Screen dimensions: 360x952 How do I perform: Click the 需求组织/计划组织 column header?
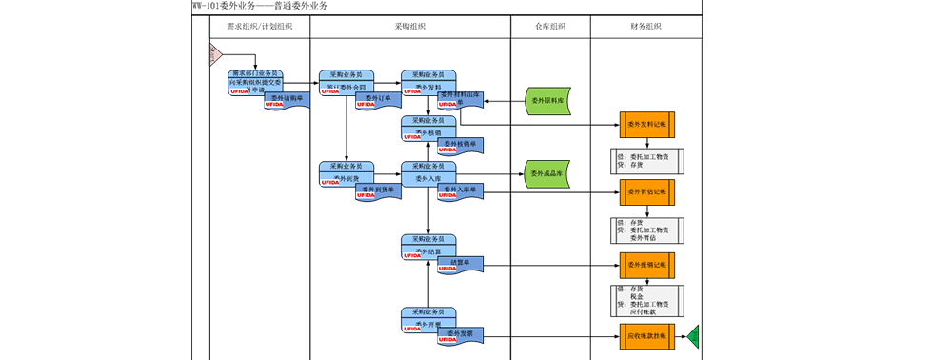click(259, 27)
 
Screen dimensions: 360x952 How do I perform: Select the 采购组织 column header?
click(410, 27)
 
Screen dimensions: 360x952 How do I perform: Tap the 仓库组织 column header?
click(550, 27)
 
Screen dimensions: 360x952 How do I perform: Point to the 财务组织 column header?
click(645, 27)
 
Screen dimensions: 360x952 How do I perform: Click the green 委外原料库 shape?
click(548, 100)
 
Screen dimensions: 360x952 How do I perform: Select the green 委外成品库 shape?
click(548, 174)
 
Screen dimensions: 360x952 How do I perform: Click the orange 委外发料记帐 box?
click(647, 125)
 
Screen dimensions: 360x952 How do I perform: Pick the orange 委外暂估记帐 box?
click(647, 191)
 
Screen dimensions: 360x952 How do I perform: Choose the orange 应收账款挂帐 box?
click(647, 336)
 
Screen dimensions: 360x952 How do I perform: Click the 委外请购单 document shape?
click(287, 99)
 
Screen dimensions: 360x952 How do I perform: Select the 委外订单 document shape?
click(378, 99)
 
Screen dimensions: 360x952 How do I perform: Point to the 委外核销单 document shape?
click(460, 145)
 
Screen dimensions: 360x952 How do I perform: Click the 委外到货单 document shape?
click(378, 191)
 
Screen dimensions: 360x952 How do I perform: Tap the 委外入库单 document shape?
click(460, 191)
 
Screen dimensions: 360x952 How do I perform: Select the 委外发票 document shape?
click(460, 334)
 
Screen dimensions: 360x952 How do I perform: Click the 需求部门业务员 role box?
click(255, 73)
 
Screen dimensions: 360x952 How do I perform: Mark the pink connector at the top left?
click(215, 54)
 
